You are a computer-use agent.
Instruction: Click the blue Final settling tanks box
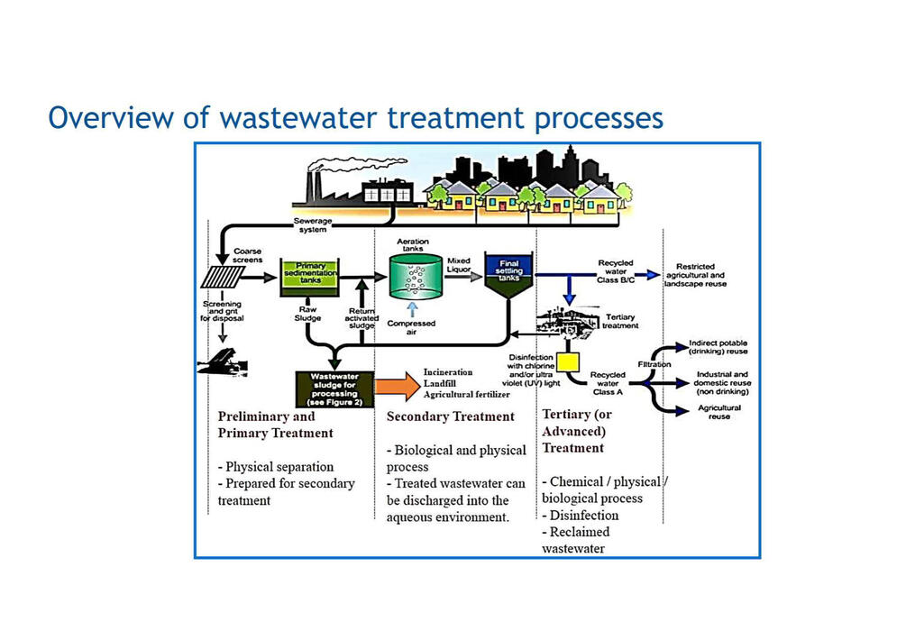[509, 272]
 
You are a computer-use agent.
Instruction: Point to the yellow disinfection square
[568, 362]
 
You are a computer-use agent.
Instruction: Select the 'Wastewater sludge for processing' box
[334, 389]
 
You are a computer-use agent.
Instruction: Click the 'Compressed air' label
[411, 328]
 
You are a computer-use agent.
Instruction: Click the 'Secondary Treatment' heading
[450, 416]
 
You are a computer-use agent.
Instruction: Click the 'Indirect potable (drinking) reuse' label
[718, 347]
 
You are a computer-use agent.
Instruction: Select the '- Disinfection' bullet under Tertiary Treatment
[581, 515]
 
